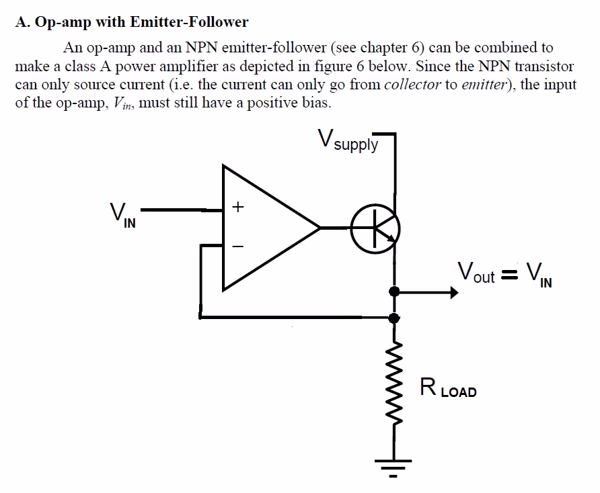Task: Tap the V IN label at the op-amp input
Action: (x=118, y=215)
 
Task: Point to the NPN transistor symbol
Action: (x=375, y=229)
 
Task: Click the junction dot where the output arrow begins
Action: (x=395, y=292)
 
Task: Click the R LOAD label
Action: (x=448, y=388)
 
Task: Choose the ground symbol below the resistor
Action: (x=395, y=467)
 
